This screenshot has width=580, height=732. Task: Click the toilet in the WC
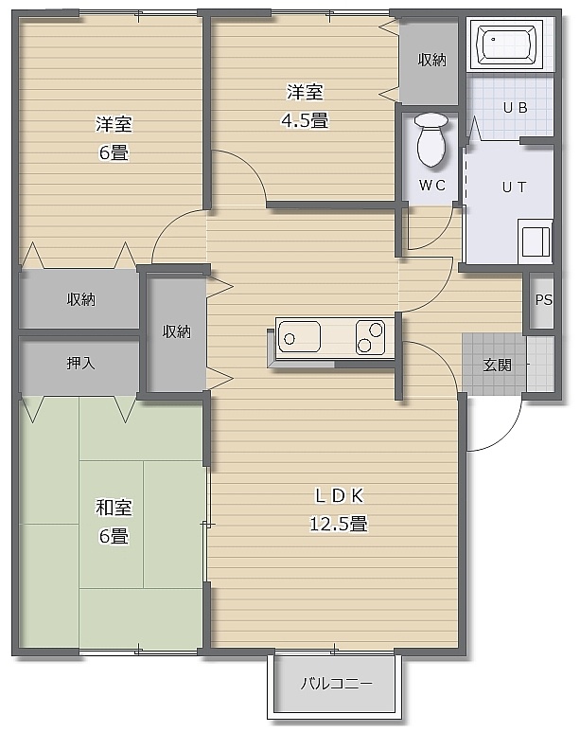pos(431,139)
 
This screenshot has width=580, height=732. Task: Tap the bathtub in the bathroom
pos(506,44)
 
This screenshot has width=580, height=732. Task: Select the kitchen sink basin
pos(300,336)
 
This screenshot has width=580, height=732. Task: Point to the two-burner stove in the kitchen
pos(371,336)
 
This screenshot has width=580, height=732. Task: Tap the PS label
pos(544,299)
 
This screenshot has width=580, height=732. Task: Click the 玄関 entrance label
pos(497,365)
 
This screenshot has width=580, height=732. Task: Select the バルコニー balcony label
pos(337,684)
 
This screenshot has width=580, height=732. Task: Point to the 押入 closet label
pos(80,363)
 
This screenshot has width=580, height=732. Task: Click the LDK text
pos(340,496)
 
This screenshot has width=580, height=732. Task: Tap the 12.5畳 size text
pos(339,524)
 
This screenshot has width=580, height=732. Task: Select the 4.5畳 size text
pos(305,120)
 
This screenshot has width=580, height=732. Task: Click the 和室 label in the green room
pos(114,508)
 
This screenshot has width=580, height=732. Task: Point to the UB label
pos(515,108)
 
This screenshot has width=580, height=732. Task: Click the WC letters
pos(432,186)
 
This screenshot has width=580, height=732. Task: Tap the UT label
pos(514,187)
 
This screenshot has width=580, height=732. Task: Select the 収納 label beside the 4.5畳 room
pos(432,60)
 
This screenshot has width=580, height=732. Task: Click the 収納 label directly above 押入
pos(81,299)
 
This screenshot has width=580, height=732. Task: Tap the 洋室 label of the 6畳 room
pos(114,124)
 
